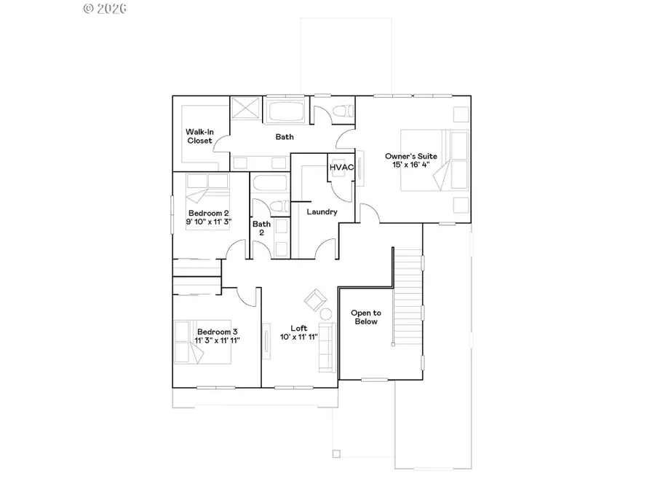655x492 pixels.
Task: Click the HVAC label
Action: [341, 168]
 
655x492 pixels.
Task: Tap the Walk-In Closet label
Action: [199, 136]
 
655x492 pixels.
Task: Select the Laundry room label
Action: [322, 212]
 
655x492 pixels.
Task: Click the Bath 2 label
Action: [261, 229]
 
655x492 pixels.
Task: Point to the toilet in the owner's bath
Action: [342, 112]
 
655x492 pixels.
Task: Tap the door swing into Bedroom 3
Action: [249, 294]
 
